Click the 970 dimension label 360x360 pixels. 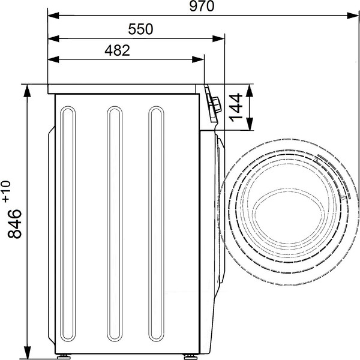point(202,7)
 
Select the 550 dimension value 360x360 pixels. point(140,29)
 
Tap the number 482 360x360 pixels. point(118,50)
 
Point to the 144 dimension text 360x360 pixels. point(236,107)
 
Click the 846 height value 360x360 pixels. point(14,224)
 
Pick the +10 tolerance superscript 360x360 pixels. point(7,192)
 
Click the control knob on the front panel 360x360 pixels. point(217,104)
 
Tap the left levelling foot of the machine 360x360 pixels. point(64,356)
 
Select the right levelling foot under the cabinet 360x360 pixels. point(191,356)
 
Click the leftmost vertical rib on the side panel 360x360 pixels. point(68,224)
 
